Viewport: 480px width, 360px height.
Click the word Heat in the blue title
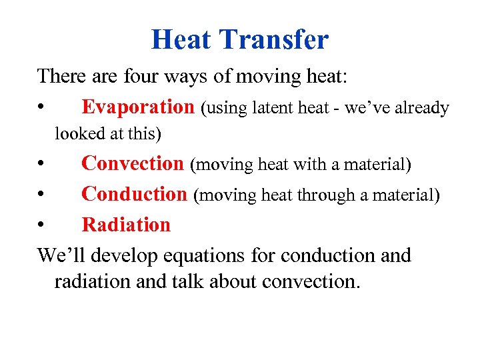(181, 39)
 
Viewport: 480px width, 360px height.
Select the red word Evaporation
(137, 107)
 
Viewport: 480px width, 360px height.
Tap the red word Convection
(132, 163)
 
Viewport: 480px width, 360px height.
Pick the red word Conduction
(134, 194)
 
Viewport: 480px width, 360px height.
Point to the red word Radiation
(126, 225)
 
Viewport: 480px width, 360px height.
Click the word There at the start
(59, 76)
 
